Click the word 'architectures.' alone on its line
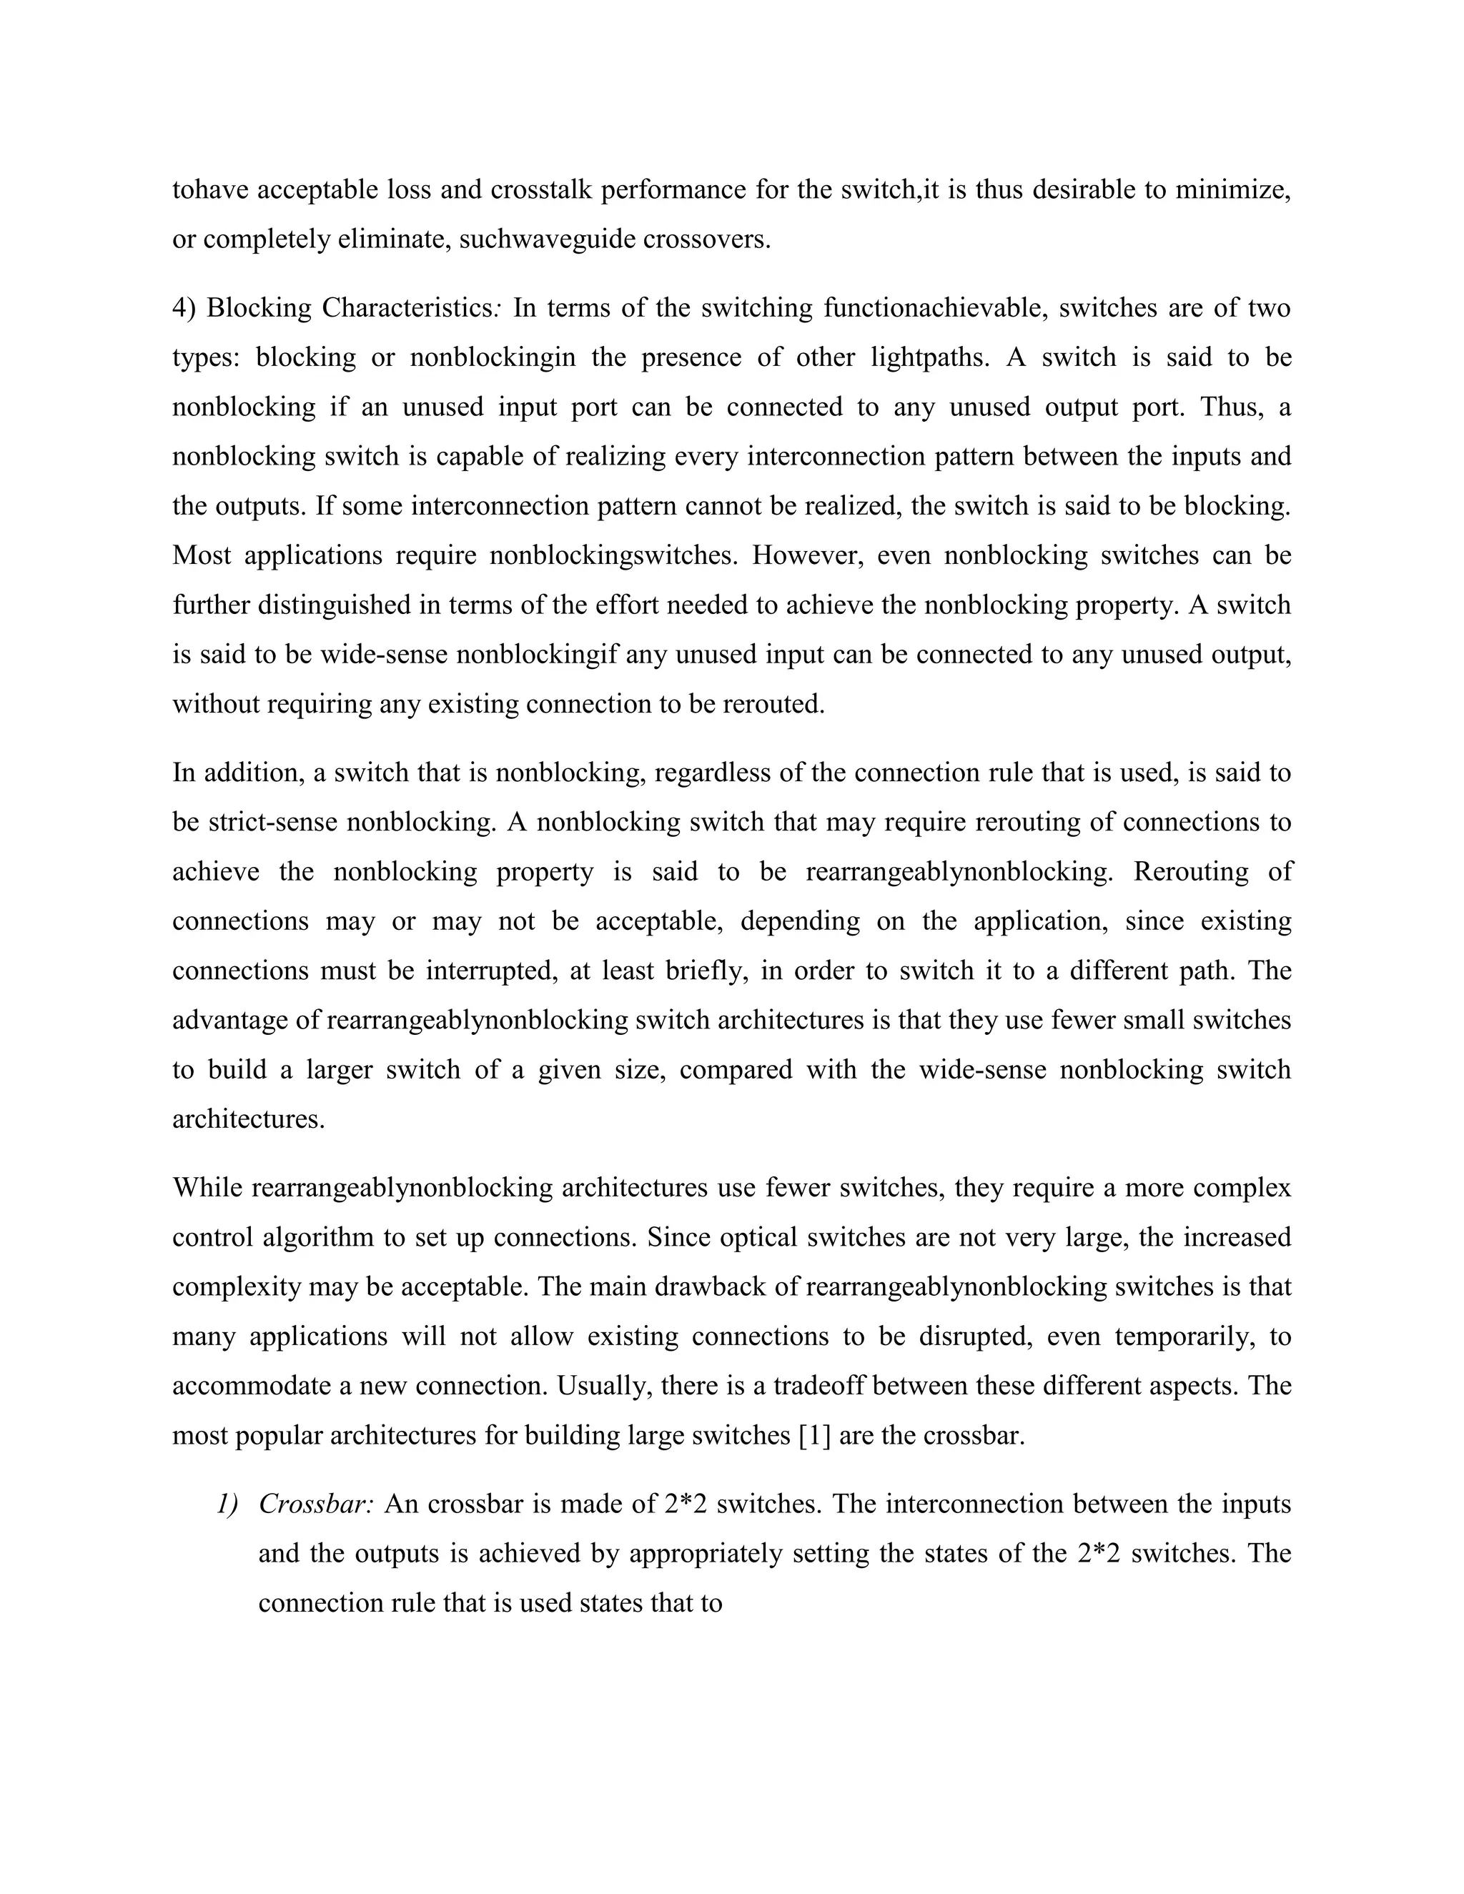(249, 1119)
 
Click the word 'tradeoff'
(818, 1385)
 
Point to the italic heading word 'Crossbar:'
(316, 1504)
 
